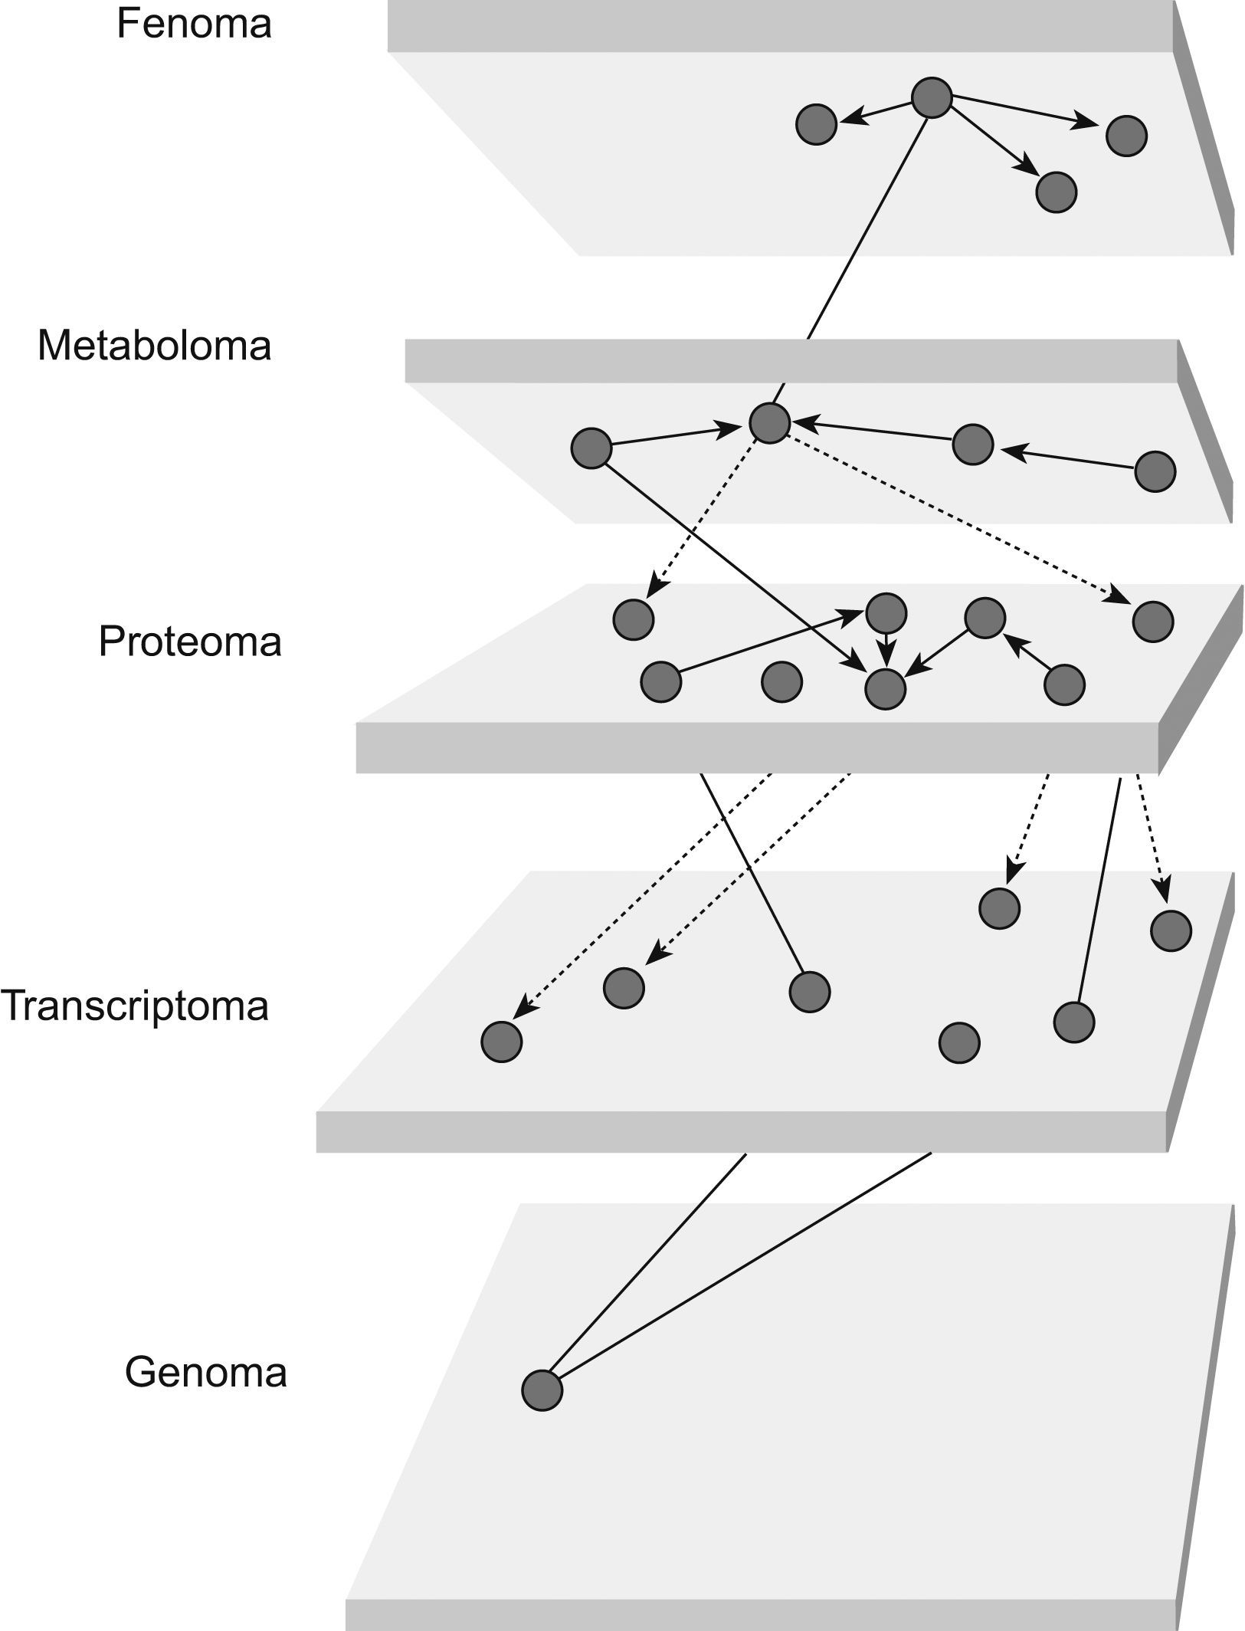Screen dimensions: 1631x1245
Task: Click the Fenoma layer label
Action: click(194, 25)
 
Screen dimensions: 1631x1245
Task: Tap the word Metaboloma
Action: click(154, 346)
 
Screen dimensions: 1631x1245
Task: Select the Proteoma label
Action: click(189, 642)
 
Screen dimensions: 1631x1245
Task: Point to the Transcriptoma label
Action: click(135, 1006)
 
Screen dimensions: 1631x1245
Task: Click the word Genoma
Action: click(205, 1372)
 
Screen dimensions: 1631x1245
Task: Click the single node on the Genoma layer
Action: click(542, 1390)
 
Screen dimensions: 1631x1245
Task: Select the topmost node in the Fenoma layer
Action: click(932, 97)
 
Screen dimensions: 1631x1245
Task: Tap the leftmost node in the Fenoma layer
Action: click(816, 124)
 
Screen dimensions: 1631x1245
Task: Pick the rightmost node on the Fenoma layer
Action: click(1126, 136)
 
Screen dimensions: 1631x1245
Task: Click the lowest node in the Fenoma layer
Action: click(1056, 192)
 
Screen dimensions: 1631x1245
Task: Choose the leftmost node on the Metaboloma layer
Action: click(591, 448)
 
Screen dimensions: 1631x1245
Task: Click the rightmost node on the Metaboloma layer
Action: click(1155, 471)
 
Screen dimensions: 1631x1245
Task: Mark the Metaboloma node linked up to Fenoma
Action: click(769, 422)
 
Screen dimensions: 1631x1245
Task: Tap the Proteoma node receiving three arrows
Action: click(885, 689)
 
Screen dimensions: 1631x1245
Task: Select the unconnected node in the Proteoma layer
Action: click(782, 681)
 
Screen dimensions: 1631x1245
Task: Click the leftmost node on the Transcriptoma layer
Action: click(501, 1042)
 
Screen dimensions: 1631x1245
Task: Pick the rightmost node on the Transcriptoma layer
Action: click(1171, 930)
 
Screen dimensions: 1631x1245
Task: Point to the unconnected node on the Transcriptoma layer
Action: click(959, 1042)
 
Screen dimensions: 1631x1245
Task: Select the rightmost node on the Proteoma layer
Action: click(1152, 621)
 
